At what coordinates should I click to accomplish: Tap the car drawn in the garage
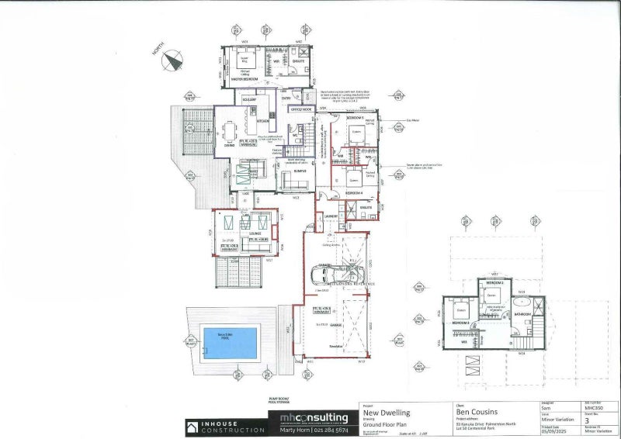pyautogui.click(x=336, y=273)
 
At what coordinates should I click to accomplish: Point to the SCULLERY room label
pyautogui.click(x=250, y=101)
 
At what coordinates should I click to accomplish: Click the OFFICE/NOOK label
pyautogui.click(x=300, y=109)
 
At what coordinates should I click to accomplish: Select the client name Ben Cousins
pyautogui.click(x=477, y=413)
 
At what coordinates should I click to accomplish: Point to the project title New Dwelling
pyautogui.click(x=387, y=413)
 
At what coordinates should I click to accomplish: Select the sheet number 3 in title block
pyautogui.click(x=587, y=421)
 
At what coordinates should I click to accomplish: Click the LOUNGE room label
pyautogui.click(x=254, y=232)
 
